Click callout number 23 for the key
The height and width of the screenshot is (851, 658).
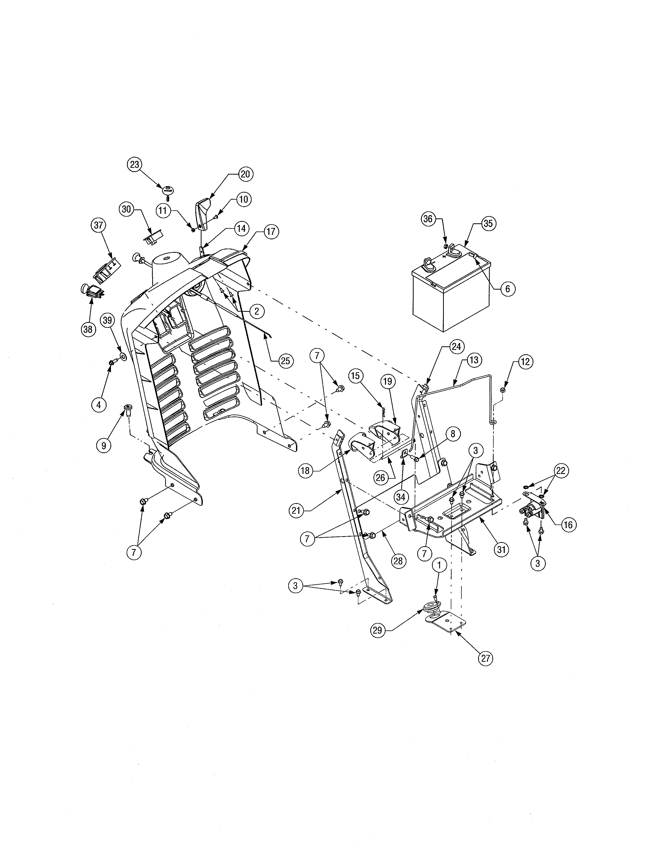click(x=134, y=165)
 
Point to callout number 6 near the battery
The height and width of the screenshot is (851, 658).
click(x=508, y=289)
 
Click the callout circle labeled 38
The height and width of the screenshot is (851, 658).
click(x=88, y=329)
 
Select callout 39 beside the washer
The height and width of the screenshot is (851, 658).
click(x=108, y=320)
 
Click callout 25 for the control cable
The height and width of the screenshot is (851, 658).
click(x=285, y=361)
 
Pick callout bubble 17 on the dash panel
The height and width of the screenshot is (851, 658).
click(x=271, y=232)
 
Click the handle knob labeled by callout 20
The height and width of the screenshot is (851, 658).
click(x=203, y=214)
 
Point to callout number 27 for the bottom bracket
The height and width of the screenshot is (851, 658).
click(x=485, y=658)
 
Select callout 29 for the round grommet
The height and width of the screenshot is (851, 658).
click(x=377, y=630)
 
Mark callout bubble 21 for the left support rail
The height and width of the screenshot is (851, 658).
click(x=296, y=510)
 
